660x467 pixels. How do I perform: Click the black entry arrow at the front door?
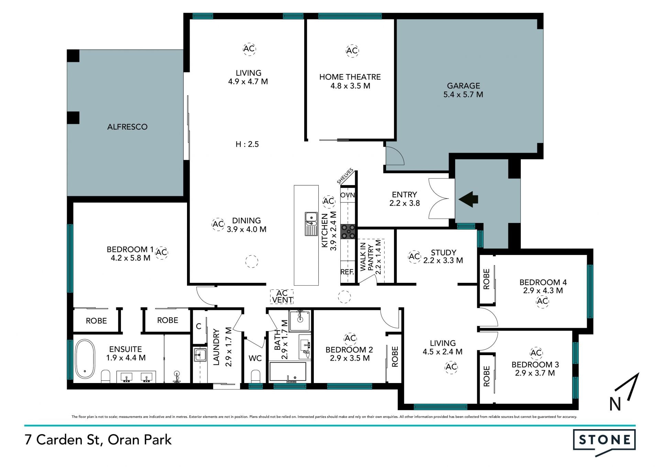[x=468, y=199]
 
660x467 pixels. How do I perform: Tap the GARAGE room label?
[x=463, y=86]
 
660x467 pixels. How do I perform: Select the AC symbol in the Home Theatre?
[x=352, y=51]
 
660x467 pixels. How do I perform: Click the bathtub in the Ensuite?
[x=85, y=359]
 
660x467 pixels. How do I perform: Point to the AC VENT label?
[x=282, y=297]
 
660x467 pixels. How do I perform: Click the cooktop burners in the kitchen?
[x=348, y=232]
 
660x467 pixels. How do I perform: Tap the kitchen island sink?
[x=311, y=224]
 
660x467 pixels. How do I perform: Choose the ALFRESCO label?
[x=127, y=127]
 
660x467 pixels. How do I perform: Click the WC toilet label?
[x=255, y=358]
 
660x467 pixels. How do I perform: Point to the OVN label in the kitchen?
[x=348, y=195]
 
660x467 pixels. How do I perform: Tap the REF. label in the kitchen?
[x=347, y=272]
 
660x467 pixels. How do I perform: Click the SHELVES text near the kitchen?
[x=345, y=176]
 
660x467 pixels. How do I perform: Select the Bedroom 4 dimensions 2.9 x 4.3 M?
[x=543, y=290]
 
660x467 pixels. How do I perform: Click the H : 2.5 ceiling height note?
[x=247, y=144]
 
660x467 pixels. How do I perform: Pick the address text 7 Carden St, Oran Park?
[x=98, y=440]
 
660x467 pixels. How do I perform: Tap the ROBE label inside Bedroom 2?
[x=395, y=357]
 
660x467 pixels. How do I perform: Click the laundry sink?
[x=200, y=355]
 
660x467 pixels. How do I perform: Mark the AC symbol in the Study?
[x=414, y=256]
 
